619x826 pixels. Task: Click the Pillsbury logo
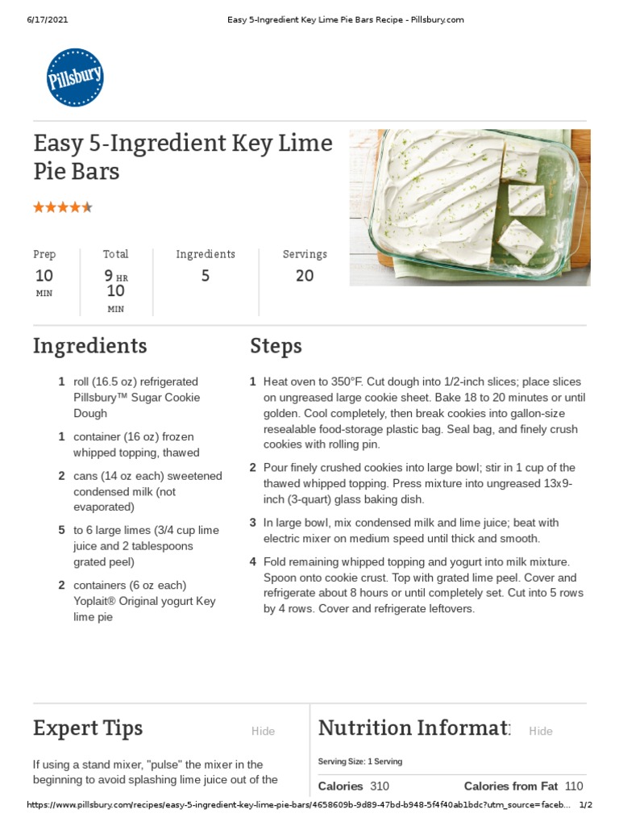76,77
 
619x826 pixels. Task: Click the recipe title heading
182,157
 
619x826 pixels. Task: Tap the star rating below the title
63,207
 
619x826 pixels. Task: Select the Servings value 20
305,276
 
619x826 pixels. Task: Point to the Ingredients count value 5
206,276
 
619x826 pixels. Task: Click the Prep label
44,254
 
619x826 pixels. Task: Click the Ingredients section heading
89,346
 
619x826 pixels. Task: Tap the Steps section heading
276,346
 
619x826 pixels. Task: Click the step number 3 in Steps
253,523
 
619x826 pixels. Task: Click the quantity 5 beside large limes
62,530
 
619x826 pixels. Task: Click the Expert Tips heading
88,728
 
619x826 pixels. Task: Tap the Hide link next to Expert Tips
263,732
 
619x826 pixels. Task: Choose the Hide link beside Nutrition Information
541,732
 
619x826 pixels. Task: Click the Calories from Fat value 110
573,786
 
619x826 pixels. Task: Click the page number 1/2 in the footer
586,805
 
